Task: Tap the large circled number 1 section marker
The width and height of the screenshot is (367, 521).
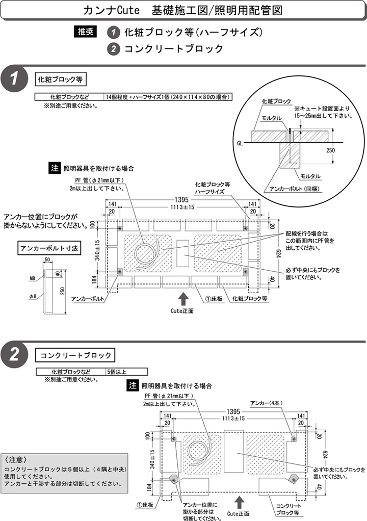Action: pos(14,79)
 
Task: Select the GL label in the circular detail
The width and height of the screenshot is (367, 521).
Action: pos(240,143)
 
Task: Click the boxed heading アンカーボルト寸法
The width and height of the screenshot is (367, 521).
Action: pos(48,248)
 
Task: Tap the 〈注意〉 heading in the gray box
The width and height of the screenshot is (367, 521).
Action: pos(19,458)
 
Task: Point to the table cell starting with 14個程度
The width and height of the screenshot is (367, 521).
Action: pos(168,96)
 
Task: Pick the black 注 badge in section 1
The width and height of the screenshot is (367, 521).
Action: pos(55,168)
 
